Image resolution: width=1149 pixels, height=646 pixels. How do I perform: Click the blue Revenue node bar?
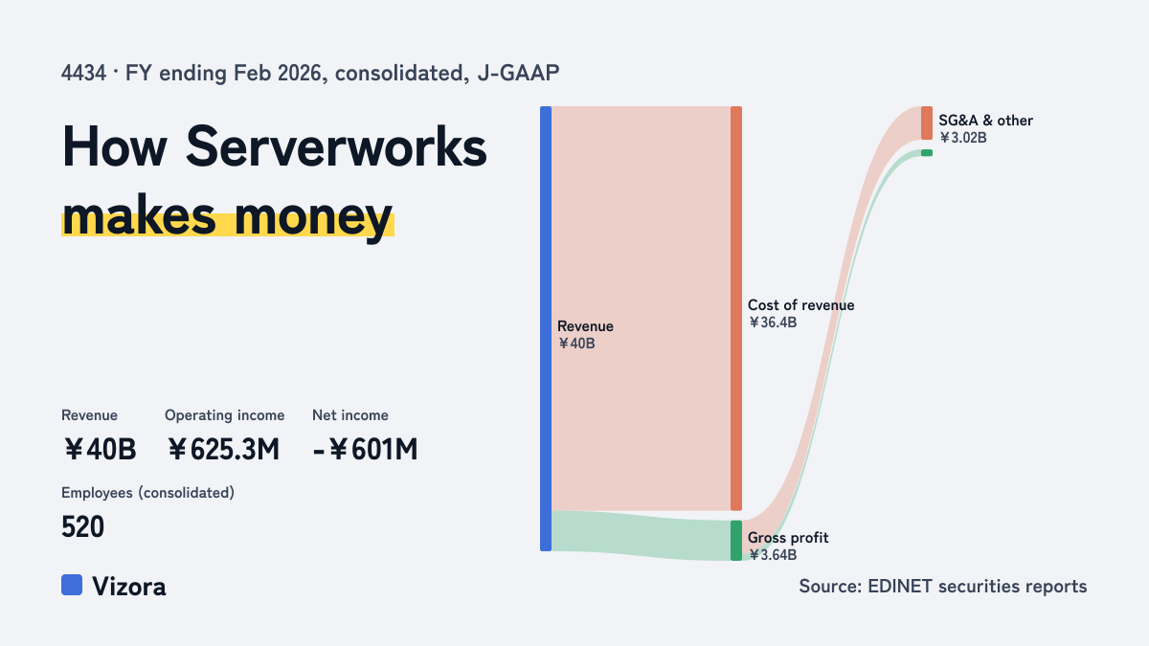click(x=546, y=328)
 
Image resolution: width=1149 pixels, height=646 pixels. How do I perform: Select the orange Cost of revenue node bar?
click(x=736, y=308)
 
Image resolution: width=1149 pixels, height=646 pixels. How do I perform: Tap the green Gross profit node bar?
click(x=736, y=541)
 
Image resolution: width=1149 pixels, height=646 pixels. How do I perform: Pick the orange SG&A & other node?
click(x=927, y=123)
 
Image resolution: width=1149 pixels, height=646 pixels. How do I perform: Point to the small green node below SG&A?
click(x=927, y=153)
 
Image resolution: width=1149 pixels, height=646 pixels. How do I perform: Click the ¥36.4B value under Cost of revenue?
click(x=773, y=323)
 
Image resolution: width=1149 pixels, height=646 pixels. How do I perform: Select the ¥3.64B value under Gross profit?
click(x=773, y=555)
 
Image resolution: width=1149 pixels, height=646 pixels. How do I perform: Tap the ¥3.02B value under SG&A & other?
click(x=963, y=138)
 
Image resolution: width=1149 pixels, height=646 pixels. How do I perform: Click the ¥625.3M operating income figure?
click(x=223, y=449)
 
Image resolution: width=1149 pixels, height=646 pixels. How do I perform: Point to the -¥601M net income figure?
click(x=365, y=449)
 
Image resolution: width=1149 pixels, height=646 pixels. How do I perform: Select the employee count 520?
click(x=82, y=526)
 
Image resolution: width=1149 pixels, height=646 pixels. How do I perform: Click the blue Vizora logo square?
click(x=72, y=585)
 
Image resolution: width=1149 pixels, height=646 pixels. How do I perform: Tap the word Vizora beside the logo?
click(x=129, y=587)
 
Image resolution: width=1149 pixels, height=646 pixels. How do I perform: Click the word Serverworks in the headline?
click(x=336, y=147)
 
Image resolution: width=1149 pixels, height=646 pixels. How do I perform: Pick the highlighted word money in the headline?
click(x=313, y=217)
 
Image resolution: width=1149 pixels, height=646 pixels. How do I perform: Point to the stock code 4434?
click(x=83, y=74)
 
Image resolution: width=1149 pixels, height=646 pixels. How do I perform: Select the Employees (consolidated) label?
click(x=147, y=493)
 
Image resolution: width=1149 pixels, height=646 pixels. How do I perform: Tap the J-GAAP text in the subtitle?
click(x=518, y=74)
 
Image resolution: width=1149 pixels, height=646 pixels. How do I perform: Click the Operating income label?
click(x=225, y=415)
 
